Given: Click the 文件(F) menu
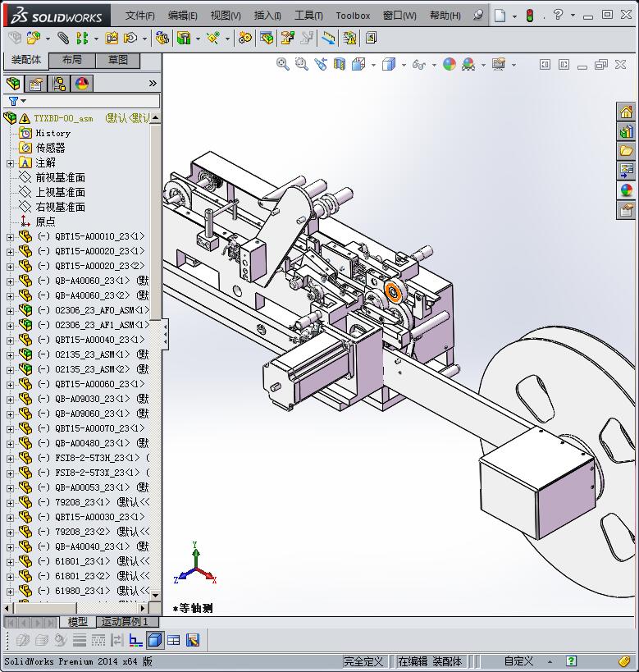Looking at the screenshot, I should pos(139,16).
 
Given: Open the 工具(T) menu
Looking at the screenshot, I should pos(308,16).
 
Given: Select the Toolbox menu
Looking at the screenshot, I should pos(353,16).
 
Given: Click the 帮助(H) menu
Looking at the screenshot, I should pos(445,16).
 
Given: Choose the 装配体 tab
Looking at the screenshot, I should pos(26,60).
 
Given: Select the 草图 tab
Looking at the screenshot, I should pos(118,60).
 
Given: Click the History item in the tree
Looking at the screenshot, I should pos(52,133).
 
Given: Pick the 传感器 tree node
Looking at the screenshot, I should pos(50,148).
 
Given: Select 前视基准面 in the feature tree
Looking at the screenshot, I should pos(60,177).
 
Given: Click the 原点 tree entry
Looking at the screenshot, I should pos(45,222).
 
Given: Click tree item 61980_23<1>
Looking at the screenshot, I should pos(82,591).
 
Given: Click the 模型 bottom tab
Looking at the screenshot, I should pos(77,622).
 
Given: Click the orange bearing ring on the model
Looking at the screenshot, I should pos(394,293).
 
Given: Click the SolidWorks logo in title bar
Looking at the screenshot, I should pos(57,16).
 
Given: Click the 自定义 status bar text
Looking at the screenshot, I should pos(518,661).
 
